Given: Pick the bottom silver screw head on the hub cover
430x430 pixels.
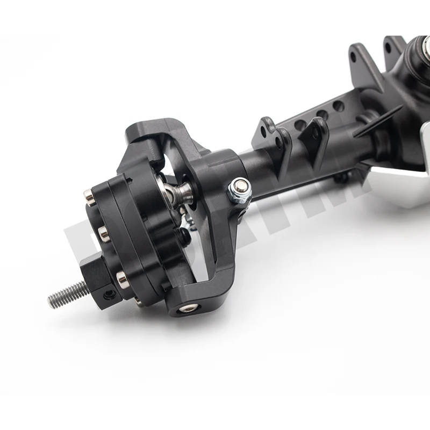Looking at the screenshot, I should [x=121, y=277].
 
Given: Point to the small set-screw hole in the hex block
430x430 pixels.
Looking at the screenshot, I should [x=109, y=293].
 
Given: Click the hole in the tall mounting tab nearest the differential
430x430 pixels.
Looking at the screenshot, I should [x=388, y=47].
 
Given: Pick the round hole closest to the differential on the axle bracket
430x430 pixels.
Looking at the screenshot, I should [x=338, y=106].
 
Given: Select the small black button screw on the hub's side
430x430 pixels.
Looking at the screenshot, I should [x=184, y=234].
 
